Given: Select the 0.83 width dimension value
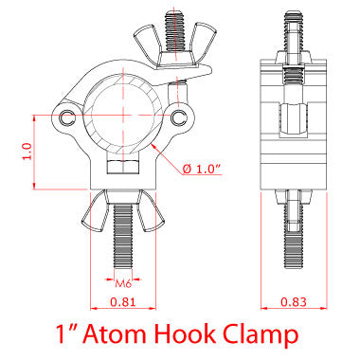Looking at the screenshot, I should tap(293, 303).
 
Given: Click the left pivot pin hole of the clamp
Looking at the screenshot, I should tap(66, 117).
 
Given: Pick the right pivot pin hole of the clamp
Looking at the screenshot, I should tap(180, 117).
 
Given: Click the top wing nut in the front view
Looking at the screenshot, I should tap(177, 55).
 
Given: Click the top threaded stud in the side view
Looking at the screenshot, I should tap(293, 33).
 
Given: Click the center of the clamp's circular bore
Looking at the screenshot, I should tap(123, 117).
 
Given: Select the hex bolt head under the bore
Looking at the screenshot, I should tap(123, 169).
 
